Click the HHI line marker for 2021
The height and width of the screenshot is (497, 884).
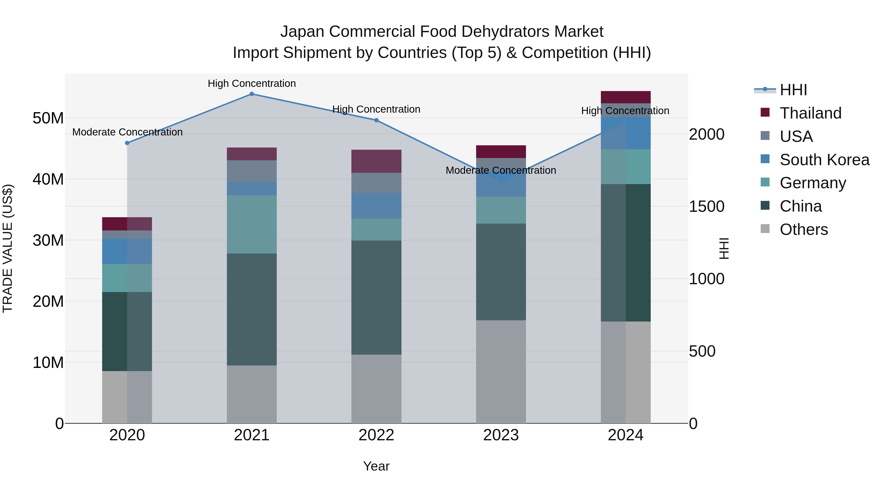pyautogui.click(x=251, y=94)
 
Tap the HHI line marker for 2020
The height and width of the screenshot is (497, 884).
pyautogui.click(x=127, y=143)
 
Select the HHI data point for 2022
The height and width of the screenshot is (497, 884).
pyautogui.click(x=376, y=121)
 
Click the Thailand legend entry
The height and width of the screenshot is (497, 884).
pyautogui.click(x=810, y=113)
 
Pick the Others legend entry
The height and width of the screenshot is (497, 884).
pyautogui.click(x=803, y=229)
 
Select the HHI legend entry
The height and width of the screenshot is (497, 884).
pyautogui.click(x=793, y=90)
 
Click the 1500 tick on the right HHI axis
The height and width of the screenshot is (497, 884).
pyautogui.click(x=706, y=206)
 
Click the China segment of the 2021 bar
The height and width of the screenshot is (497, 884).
pyautogui.click(x=251, y=309)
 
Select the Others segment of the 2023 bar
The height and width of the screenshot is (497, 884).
pyautogui.click(x=501, y=372)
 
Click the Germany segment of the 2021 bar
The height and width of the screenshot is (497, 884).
pyautogui.click(x=251, y=224)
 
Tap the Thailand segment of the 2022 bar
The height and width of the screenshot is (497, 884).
pyautogui.click(x=376, y=161)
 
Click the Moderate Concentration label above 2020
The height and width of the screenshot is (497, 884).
pyautogui.click(x=127, y=132)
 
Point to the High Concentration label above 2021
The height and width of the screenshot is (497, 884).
pyautogui.click(x=251, y=83)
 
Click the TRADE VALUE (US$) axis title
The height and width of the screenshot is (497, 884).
pyautogui.click(x=8, y=248)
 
